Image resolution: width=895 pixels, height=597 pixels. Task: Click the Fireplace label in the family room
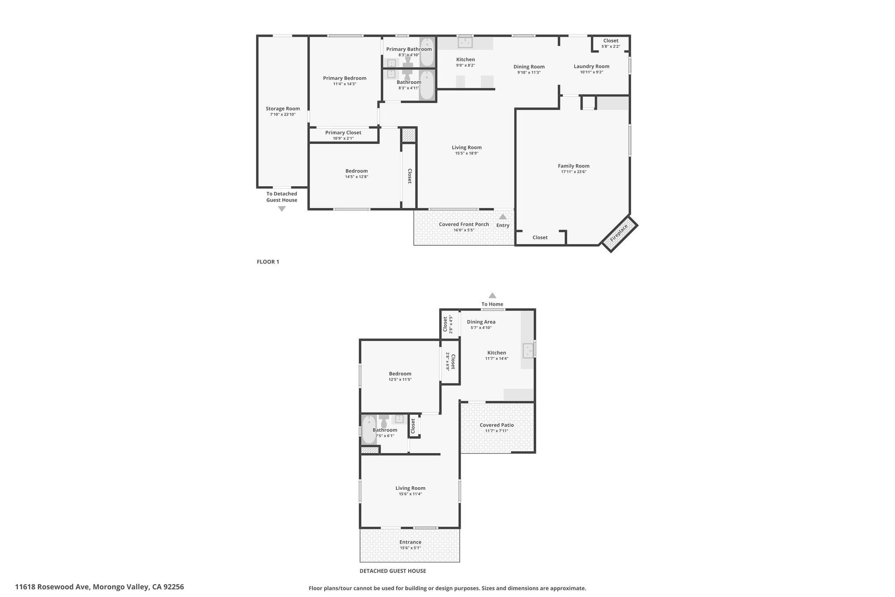pos(619,233)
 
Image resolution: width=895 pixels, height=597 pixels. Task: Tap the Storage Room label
pos(283,109)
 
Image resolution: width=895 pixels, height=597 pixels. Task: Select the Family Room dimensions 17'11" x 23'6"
pos(573,172)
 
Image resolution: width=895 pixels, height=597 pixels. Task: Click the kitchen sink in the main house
pos(465,42)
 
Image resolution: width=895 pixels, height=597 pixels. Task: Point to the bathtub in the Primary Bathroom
pos(427,52)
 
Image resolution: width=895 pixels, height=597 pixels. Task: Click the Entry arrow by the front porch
pos(503,216)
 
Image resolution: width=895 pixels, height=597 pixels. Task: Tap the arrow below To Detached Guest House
pos(282,209)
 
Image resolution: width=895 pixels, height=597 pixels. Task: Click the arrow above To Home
pos(493,295)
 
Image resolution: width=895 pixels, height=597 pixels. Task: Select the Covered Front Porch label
pos(464,224)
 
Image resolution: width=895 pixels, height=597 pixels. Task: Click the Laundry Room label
pos(591,66)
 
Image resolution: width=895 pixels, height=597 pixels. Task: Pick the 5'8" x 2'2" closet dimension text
pos(611,46)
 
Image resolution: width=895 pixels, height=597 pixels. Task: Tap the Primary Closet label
pos(343,133)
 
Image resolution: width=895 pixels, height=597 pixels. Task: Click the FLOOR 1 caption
pos(268,262)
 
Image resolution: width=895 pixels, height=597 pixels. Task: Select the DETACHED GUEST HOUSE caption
pos(393,571)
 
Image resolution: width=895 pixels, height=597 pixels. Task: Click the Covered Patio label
pos(496,425)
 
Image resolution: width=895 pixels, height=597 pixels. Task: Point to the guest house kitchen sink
pos(529,350)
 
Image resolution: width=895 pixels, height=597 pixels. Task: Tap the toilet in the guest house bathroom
pos(384,422)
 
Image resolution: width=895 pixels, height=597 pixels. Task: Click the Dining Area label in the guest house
pos(481,322)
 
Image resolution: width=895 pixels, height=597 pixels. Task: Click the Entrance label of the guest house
pos(410,542)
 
